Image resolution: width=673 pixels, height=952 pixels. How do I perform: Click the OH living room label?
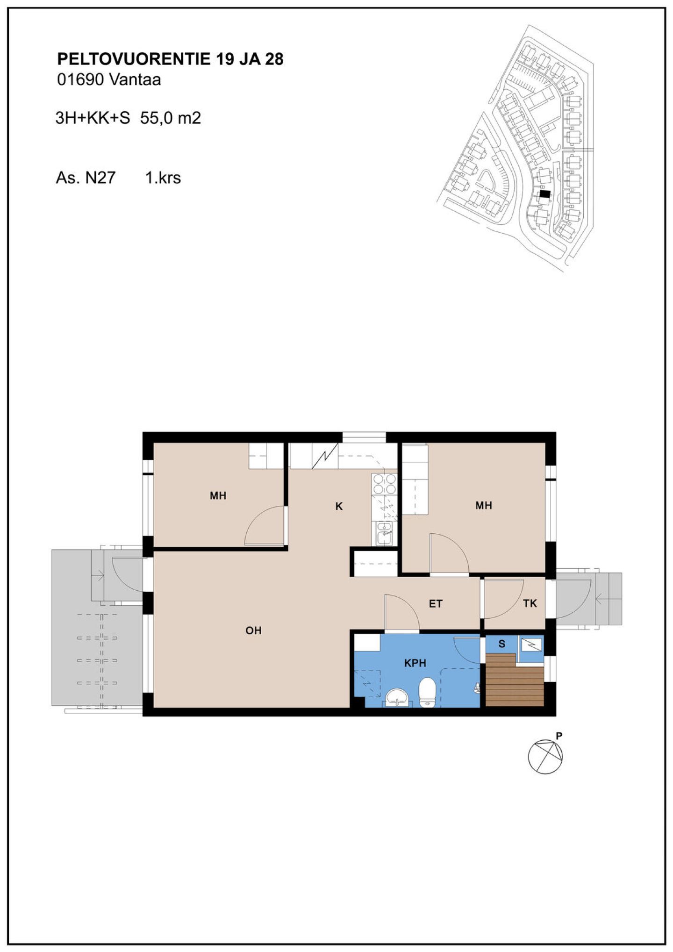(253, 630)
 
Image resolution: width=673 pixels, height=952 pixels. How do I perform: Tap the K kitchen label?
(339, 506)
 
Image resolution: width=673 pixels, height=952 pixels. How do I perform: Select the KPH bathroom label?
(415, 663)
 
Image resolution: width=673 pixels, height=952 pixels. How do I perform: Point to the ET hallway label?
(436, 604)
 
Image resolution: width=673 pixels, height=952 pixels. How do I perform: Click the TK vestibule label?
(530, 603)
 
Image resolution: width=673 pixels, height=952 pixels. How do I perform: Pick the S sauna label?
(502, 644)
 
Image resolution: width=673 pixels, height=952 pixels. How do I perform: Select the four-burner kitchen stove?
(384, 484)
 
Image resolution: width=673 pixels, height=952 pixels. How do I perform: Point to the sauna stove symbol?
(531, 645)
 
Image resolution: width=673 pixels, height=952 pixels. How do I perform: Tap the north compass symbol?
(545, 757)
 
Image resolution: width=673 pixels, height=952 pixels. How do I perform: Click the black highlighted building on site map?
(545, 193)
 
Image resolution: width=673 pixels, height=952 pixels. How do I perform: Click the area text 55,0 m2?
(171, 118)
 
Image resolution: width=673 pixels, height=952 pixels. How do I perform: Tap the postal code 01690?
(80, 80)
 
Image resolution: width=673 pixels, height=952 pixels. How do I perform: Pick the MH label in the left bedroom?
(218, 495)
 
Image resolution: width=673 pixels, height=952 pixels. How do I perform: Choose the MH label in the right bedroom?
(484, 505)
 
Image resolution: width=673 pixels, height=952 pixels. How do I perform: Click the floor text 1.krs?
(163, 178)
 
